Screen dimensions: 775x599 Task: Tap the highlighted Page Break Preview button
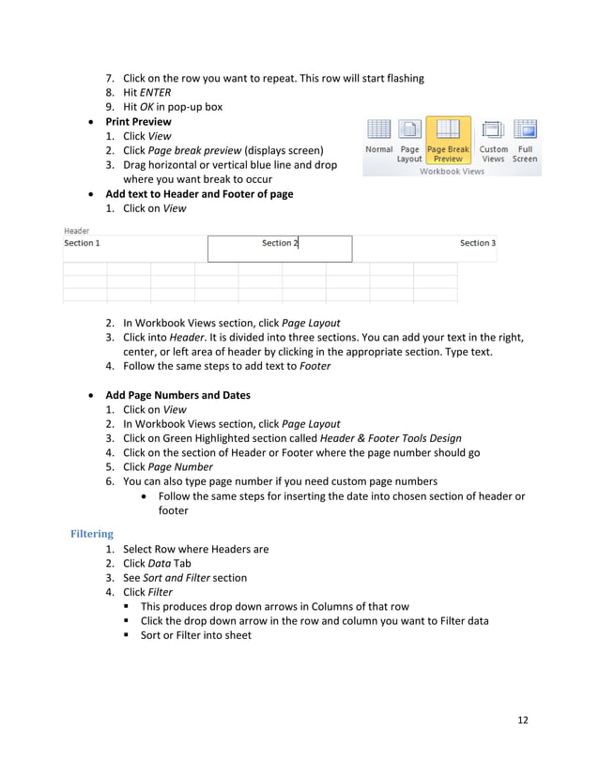[x=448, y=141]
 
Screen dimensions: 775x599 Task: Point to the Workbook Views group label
[x=452, y=172]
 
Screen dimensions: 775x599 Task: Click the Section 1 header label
[x=82, y=243]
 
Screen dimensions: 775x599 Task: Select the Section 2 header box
[x=280, y=248]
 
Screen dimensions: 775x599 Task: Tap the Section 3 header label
[x=477, y=243]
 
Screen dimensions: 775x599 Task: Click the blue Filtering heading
[x=92, y=534]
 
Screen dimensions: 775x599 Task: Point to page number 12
[x=523, y=720]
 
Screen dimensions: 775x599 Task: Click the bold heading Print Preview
[x=138, y=122]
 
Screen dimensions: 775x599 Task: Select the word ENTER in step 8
[x=154, y=93]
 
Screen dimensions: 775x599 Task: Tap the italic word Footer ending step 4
[x=315, y=366]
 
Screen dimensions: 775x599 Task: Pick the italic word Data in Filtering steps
[x=160, y=563]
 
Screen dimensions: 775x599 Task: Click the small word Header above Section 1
[x=77, y=231]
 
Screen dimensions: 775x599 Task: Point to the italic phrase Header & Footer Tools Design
[x=391, y=438]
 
